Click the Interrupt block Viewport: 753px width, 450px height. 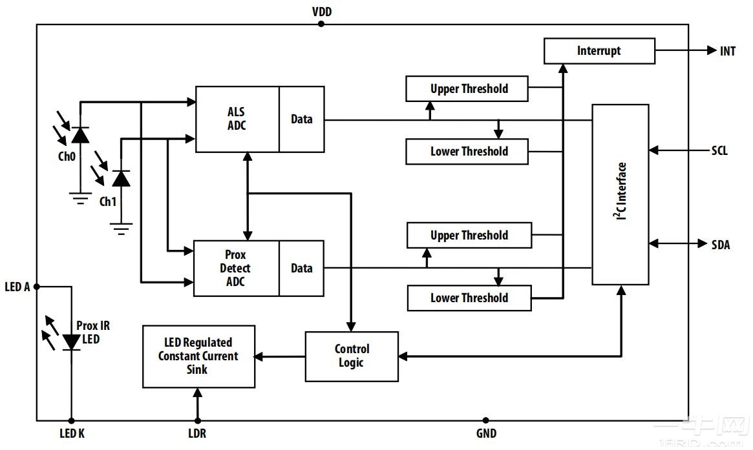tap(599, 51)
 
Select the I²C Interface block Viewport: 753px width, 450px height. tap(620, 194)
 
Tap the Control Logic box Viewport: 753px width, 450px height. tap(352, 356)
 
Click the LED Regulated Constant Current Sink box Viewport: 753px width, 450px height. tap(198, 356)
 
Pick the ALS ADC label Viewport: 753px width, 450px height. tap(237, 119)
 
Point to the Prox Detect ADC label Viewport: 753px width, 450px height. tap(236, 268)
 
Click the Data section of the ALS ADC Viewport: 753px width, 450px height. tap(302, 119)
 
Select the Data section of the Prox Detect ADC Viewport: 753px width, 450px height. tap(302, 269)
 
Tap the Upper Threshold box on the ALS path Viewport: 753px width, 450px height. tap(467, 88)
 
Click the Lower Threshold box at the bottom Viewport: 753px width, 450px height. tap(469, 298)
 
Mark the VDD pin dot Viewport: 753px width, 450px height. tap(321, 24)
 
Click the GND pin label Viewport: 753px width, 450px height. tap(486, 434)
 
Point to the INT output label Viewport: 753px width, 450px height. tap(727, 51)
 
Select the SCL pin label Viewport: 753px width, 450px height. tap(719, 150)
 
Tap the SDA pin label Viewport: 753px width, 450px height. tap(720, 244)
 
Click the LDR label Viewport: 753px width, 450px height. tap(197, 434)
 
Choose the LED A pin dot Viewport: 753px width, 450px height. tap(37, 287)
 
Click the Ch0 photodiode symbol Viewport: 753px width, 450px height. tap(80, 134)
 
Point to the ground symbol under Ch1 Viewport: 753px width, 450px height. tap(121, 228)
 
